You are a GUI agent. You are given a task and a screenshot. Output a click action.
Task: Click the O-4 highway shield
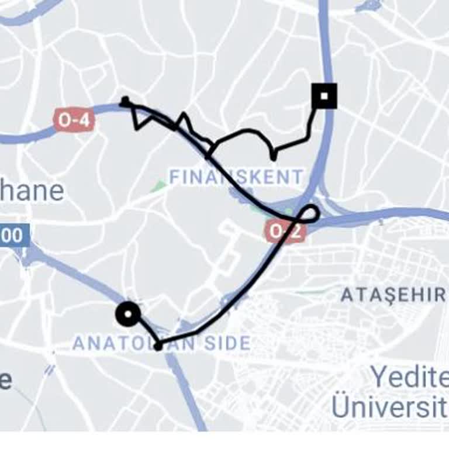coord(74,120)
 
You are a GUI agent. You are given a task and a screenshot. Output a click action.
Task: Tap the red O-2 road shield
coord(284,232)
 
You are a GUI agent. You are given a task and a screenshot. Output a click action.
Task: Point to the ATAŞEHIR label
coord(393,295)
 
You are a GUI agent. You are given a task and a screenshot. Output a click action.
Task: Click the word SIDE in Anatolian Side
coord(226,343)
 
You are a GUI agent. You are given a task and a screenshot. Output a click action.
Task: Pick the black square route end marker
coord(324,96)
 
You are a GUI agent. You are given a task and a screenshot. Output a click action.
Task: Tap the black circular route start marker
coord(127,314)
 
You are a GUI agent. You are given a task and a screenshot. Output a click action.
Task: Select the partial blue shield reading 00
coord(13,236)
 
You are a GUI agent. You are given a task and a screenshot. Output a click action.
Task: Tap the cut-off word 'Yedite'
coord(409,377)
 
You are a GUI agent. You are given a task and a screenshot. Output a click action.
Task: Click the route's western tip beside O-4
coord(124,101)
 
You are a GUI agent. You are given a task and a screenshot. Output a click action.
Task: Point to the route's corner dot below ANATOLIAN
coord(158,346)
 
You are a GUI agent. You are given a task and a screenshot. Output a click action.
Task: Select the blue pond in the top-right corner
coord(368,6)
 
